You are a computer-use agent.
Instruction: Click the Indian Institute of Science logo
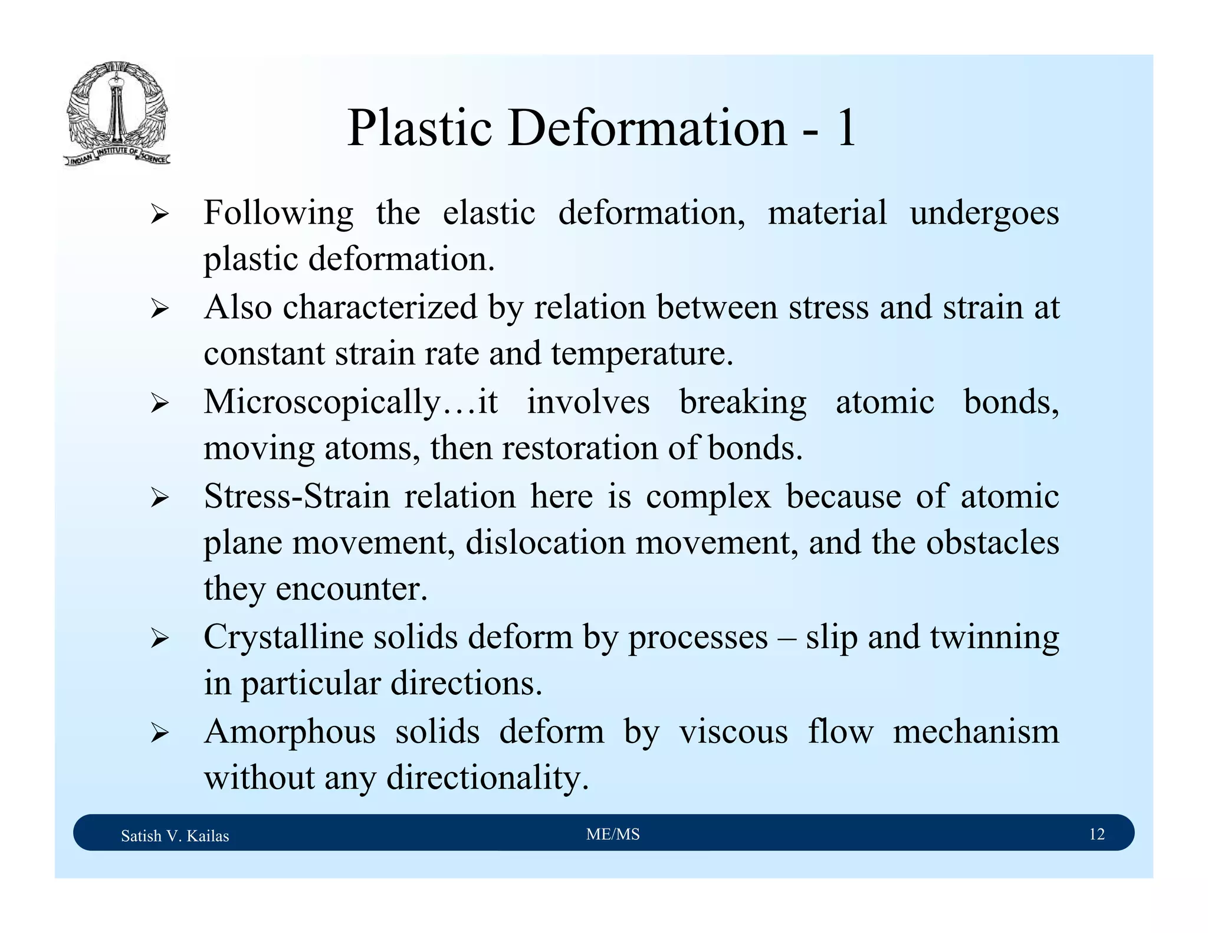coord(117,113)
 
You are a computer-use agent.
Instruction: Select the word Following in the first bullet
coord(278,213)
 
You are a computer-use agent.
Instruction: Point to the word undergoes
coord(984,213)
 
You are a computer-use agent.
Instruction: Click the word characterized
coord(380,308)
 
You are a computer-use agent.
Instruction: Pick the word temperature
coord(642,354)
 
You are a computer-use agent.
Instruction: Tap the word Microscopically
coord(322,402)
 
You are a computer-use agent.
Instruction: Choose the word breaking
coord(743,402)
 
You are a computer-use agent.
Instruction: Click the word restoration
coord(580,448)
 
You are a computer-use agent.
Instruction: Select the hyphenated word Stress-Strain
coord(297,496)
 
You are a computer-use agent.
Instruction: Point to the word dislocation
coord(545,543)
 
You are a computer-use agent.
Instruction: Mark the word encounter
coord(351,589)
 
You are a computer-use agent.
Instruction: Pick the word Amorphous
coord(290,732)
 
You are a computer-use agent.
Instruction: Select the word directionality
coord(487,778)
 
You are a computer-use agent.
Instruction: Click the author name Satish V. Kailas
coord(175,836)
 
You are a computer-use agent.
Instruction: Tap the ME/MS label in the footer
coord(613,834)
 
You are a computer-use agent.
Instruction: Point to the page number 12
coord(1097,834)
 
